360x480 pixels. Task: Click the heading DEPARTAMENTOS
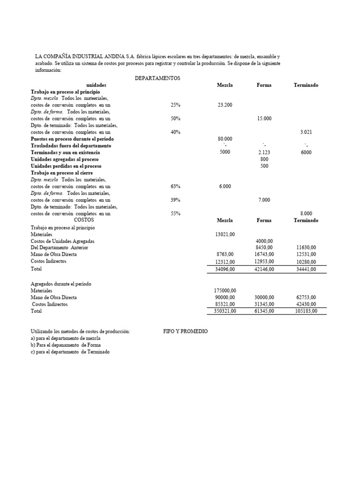click(x=157, y=78)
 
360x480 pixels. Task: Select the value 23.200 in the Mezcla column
click(x=225, y=105)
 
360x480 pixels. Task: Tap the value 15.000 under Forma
click(x=264, y=119)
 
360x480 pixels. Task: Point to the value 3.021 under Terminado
click(x=306, y=132)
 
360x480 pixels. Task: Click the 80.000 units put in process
click(x=225, y=139)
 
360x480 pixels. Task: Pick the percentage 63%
click(x=175, y=187)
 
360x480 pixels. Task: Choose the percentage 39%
click(x=175, y=200)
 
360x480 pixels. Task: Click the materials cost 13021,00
click(x=225, y=234)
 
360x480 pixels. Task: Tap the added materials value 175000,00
click(x=225, y=291)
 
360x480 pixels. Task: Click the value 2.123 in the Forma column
click(x=264, y=153)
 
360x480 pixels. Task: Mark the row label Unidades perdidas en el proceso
click(x=66, y=166)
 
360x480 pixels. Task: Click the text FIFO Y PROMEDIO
click(x=185, y=331)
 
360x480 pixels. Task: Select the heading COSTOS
click(x=84, y=219)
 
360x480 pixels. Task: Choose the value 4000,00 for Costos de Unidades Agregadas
click(x=264, y=241)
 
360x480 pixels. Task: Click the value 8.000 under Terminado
click(x=306, y=214)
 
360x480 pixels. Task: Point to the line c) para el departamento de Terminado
click(x=70, y=352)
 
